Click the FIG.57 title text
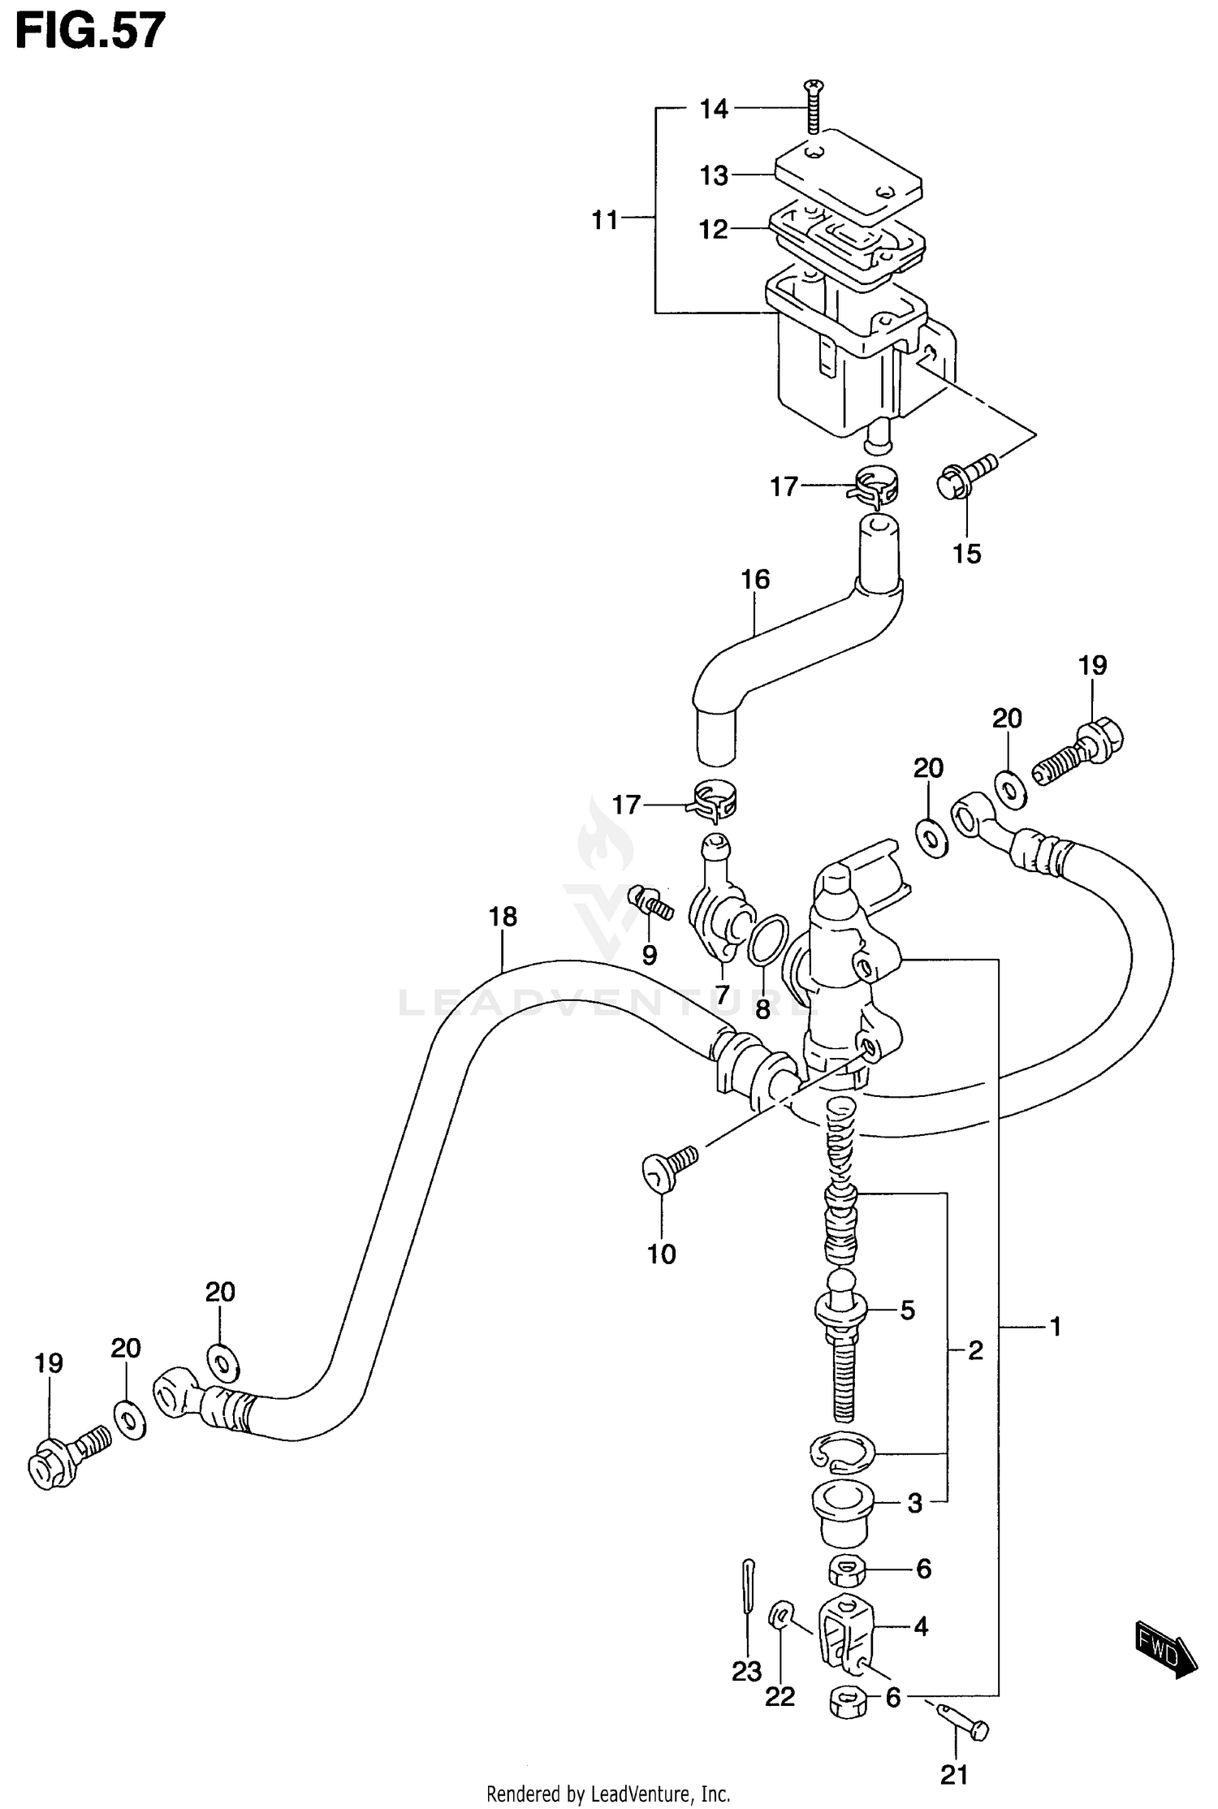[90, 32]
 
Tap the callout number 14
[715, 109]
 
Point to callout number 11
[605, 220]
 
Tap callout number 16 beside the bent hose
[755, 579]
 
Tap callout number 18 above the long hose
[503, 917]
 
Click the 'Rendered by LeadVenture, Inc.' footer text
[608, 1794]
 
